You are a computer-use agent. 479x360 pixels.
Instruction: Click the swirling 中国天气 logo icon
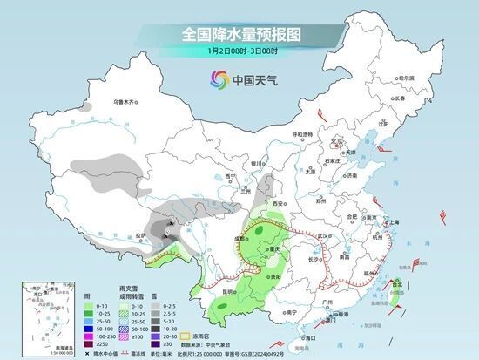coord(214,80)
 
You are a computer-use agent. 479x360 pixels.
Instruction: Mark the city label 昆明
coord(226,289)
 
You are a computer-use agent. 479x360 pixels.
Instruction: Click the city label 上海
coord(395,223)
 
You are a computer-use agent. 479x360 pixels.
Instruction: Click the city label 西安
coord(276,203)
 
